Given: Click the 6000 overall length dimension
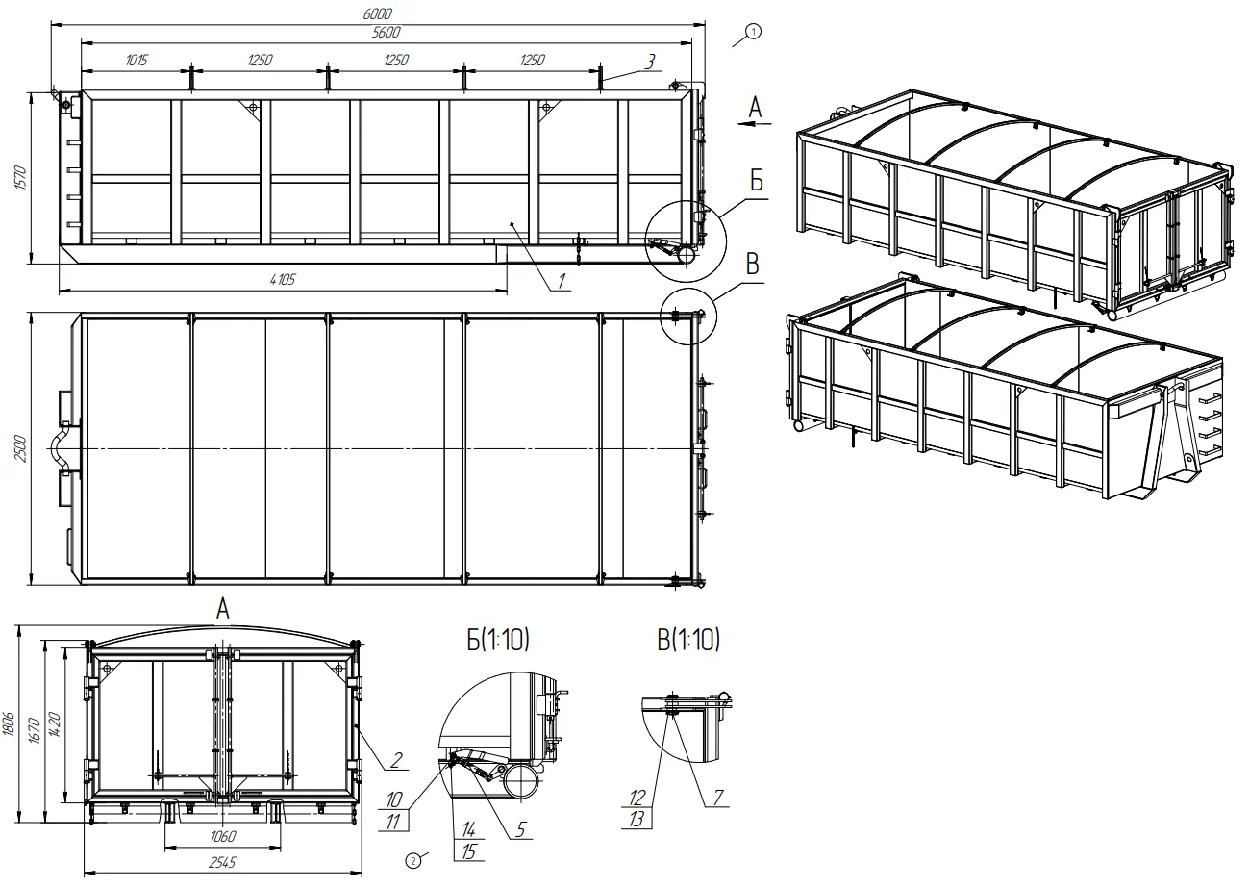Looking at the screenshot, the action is coord(377,14).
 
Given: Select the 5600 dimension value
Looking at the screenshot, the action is coord(386,33).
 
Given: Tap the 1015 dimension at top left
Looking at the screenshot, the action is coord(137,60).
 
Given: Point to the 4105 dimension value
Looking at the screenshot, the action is coord(283,279).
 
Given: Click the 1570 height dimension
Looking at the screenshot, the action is coord(20,178).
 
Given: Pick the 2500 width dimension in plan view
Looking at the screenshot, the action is coord(20,448).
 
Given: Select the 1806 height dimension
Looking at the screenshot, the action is coord(9,723).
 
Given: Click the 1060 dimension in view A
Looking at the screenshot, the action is coord(223,836).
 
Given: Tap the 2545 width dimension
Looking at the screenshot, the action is coord(222,862).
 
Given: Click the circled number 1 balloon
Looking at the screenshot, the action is coord(753,32).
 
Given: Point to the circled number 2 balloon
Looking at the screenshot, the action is coord(412,861).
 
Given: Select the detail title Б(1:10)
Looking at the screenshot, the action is coord(498,640).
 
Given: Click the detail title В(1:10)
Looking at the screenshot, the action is coord(688,640).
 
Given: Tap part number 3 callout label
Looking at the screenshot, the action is coord(650,62).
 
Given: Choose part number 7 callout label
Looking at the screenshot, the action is coord(718,797).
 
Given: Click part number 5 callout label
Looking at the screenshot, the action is coord(520,829).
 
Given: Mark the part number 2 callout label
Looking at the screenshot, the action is coord(396,760).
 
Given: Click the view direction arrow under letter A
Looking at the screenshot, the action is coord(755,123).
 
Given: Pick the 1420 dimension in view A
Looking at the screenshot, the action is coord(55,724).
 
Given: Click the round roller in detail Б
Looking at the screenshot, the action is coord(522,780).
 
